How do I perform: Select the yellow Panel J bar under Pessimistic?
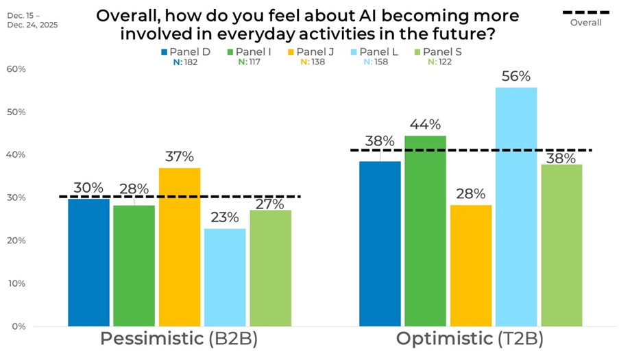click(x=180, y=247)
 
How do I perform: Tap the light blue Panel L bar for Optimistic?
click(x=516, y=206)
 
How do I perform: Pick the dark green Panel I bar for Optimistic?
click(x=425, y=230)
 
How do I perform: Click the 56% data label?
click(x=516, y=76)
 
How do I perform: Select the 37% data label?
click(x=180, y=157)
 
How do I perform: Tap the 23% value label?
click(x=225, y=217)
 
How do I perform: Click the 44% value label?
click(x=425, y=125)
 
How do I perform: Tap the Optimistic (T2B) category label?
click(x=470, y=339)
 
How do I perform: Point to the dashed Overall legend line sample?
click(x=585, y=12)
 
